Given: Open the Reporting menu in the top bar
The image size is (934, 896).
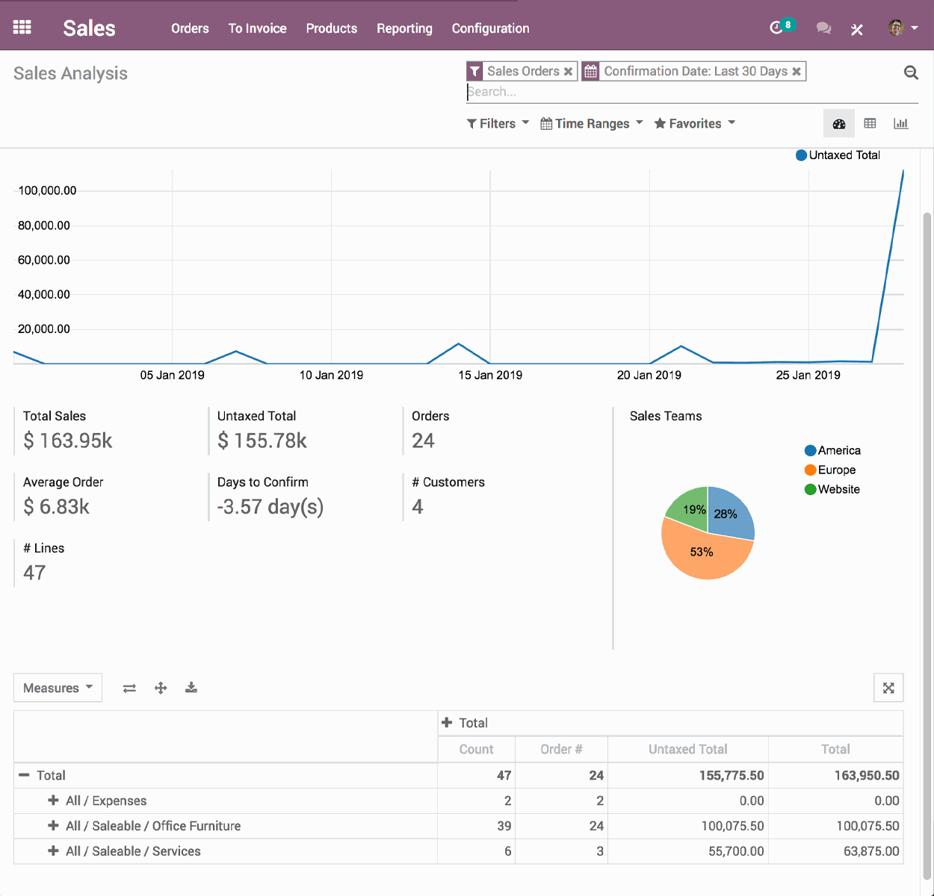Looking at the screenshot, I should pos(404,28).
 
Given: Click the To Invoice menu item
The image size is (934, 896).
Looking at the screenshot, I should pos(257,28).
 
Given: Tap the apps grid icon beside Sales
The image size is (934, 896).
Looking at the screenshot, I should pos(22,28).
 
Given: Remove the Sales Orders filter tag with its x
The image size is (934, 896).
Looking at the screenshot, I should pos(569,72).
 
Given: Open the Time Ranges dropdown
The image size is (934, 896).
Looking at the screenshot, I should pos(591,123).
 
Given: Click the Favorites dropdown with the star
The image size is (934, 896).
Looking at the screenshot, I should pos(694,123).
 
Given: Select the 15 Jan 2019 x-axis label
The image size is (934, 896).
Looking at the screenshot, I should pos(490,375).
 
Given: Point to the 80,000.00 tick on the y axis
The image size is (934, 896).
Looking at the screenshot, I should pos(44,225).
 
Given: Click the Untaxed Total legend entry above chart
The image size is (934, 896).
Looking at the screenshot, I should pos(838,155).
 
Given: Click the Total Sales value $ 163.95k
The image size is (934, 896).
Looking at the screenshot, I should pos(68,441).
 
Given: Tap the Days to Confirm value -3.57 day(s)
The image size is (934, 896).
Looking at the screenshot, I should pos(270,507).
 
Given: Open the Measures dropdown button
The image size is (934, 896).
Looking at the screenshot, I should pos(58,688).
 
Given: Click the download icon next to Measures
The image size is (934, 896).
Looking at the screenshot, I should pos(191,688).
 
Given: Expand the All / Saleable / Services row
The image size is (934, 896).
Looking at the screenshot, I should pos(53,851).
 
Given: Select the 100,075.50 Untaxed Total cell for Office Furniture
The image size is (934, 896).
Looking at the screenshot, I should pos(732,826).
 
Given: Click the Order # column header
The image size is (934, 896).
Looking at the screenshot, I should pos(561,749).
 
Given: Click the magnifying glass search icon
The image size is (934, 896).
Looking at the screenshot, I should pos(911,72).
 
